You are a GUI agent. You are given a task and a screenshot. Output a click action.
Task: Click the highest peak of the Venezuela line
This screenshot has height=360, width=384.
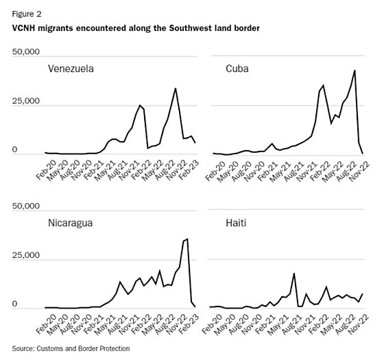click(x=176, y=88)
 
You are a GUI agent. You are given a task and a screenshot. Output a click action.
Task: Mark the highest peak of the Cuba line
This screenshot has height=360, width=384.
click(x=355, y=70)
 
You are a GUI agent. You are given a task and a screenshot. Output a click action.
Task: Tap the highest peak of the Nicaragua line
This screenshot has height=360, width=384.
click(x=187, y=239)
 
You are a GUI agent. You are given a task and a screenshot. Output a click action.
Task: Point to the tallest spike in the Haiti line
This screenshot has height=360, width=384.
click(x=294, y=273)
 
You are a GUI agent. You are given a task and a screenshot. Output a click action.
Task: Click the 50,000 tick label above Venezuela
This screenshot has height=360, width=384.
click(x=27, y=51)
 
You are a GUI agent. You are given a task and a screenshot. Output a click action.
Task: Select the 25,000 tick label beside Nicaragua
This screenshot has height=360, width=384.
click(x=27, y=256)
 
